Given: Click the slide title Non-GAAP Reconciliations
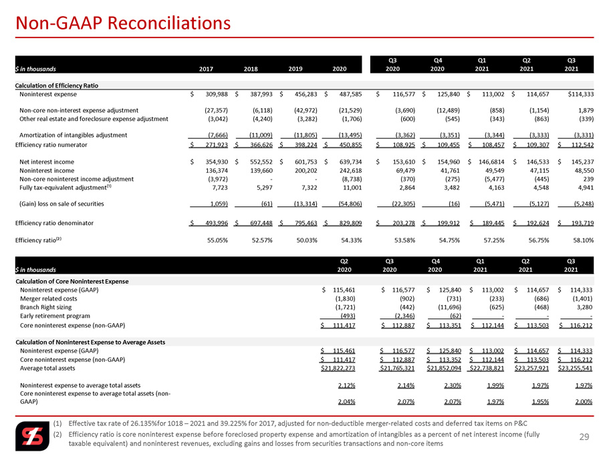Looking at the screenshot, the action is click(123, 23).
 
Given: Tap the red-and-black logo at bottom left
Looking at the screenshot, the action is click(33, 436).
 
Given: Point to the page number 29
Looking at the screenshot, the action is click(584, 437).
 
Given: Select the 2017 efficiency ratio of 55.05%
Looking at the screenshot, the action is click(217, 240).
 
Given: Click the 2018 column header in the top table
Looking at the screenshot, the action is click(251, 69).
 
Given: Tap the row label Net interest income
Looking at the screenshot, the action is click(47, 162).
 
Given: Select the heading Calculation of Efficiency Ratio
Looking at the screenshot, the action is click(57, 85).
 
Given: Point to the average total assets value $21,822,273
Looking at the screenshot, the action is click(338, 369).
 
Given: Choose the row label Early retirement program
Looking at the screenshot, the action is click(55, 316).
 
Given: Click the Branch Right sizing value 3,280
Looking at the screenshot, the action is click(584, 308).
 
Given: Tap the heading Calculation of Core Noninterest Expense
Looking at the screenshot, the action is click(72, 282).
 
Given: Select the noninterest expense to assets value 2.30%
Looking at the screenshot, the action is click(453, 385).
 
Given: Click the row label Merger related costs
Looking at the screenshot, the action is click(49, 299).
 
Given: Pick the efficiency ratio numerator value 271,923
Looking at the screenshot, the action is click(215, 145).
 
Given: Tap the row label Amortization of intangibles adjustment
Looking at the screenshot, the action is click(74, 136).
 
